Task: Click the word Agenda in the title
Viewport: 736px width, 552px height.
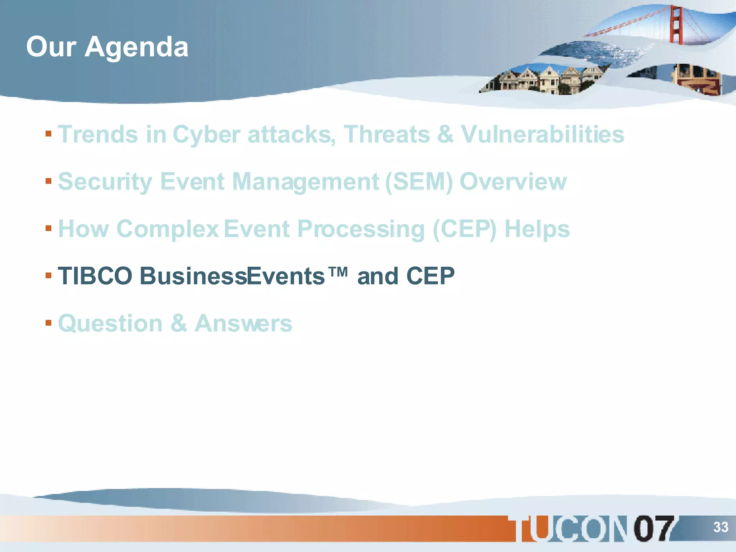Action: pyautogui.click(x=136, y=47)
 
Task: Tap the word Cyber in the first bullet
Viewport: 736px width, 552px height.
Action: pyautogui.click(x=206, y=134)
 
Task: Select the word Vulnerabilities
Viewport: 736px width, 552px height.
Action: pyautogui.click(x=542, y=134)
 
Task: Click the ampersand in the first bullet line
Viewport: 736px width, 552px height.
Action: pyautogui.click(x=445, y=134)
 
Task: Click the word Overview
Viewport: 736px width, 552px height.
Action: pyautogui.click(x=513, y=181)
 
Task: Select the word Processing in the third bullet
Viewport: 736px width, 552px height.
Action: pyautogui.click(x=361, y=229)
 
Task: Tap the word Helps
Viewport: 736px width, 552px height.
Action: pyautogui.click(x=537, y=229)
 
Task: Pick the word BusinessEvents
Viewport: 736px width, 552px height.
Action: pyautogui.click(x=232, y=276)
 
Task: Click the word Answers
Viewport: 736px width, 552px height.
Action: pyautogui.click(x=243, y=323)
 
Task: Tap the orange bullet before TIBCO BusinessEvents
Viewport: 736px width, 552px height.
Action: pyautogui.click(x=49, y=276)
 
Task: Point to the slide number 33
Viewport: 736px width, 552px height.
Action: pyautogui.click(x=721, y=527)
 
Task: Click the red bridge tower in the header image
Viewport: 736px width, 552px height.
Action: pyautogui.click(x=676, y=25)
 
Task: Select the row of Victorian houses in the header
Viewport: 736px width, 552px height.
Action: pyautogui.click(x=543, y=80)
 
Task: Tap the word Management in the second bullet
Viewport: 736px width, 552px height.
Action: pyautogui.click(x=306, y=181)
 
